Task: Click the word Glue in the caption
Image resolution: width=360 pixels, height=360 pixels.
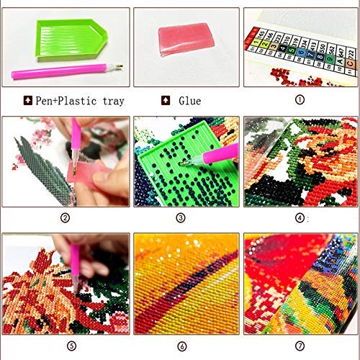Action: click(x=190, y=102)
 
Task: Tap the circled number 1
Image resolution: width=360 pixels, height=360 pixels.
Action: click(x=300, y=102)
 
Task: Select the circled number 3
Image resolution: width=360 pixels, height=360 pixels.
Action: click(x=181, y=217)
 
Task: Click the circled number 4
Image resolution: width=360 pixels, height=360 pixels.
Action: click(x=300, y=217)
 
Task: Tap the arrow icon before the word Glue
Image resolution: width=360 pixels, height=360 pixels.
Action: click(x=166, y=102)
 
